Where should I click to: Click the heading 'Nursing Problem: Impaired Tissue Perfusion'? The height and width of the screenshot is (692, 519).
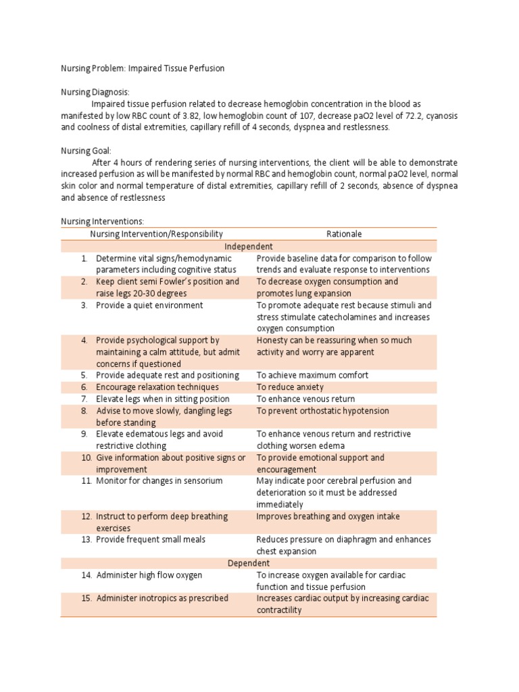(x=143, y=68)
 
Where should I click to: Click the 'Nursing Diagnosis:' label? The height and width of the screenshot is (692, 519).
(x=95, y=92)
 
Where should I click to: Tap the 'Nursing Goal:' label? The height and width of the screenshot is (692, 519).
(x=86, y=151)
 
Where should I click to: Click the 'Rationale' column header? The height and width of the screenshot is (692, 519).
(x=344, y=234)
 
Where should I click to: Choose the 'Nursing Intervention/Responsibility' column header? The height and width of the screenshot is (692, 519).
(x=156, y=234)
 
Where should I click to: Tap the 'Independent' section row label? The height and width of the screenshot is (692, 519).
(x=249, y=246)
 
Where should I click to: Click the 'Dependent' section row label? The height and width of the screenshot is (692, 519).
(x=249, y=563)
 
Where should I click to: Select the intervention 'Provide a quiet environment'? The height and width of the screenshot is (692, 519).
(x=149, y=305)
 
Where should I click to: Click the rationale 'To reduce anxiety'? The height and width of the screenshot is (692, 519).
(x=290, y=387)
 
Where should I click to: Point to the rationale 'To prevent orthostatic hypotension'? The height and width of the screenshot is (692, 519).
(x=322, y=411)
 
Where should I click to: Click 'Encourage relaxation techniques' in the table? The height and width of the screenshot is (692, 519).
(x=157, y=387)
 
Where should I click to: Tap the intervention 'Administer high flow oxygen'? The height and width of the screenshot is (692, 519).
(x=149, y=575)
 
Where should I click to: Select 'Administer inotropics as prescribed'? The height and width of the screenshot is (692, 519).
(x=162, y=598)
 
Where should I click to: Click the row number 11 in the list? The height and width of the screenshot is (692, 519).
(x=86, y=481)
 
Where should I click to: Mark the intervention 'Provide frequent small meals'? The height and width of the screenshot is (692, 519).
(x=151, y=540)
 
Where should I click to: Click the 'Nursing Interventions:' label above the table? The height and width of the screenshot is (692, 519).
(x=103, y=221)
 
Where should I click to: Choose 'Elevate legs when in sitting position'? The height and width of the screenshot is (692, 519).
(x=163, y=399)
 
